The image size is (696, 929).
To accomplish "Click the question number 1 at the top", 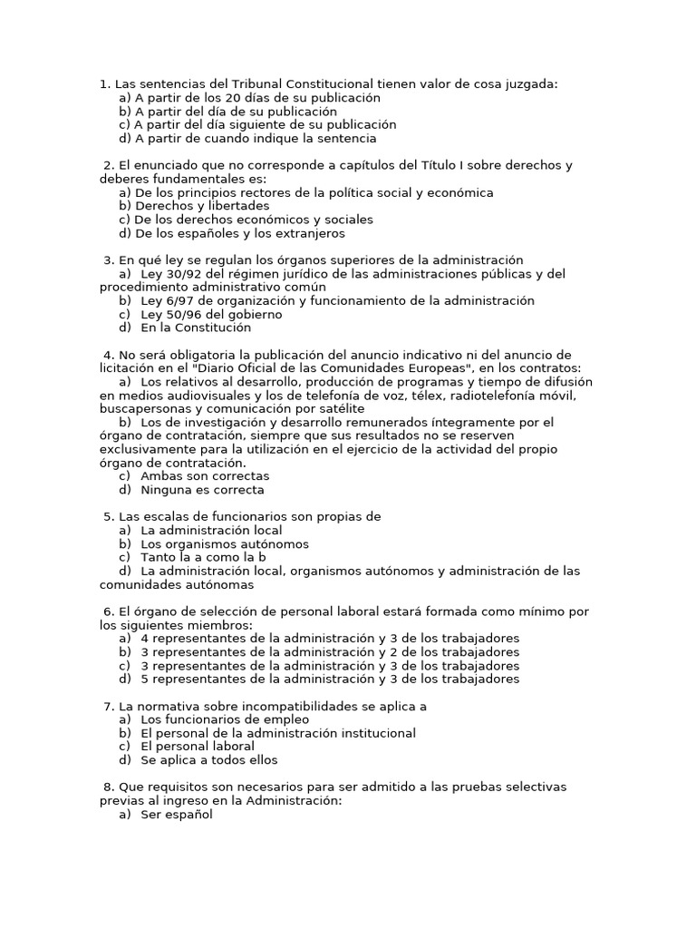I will click(104, 84).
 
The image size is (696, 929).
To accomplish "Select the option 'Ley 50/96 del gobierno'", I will click(211, 315).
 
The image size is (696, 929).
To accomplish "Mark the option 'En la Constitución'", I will click(196, 328).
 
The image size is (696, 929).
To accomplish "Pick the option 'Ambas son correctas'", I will click(205, 476).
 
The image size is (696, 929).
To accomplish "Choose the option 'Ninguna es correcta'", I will click(202, 490).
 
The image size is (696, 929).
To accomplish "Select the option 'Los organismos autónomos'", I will click(225, 544).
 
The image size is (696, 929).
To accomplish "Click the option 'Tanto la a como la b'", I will click(203, 558).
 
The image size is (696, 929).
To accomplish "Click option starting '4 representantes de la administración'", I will click(330, 639).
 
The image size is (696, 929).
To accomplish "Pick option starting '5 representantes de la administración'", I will click(330, 680).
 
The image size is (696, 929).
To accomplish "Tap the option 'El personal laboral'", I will click(198, 747).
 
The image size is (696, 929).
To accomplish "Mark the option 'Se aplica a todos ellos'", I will click(209, 760).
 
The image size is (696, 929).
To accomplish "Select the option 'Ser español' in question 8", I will click(176, 815).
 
